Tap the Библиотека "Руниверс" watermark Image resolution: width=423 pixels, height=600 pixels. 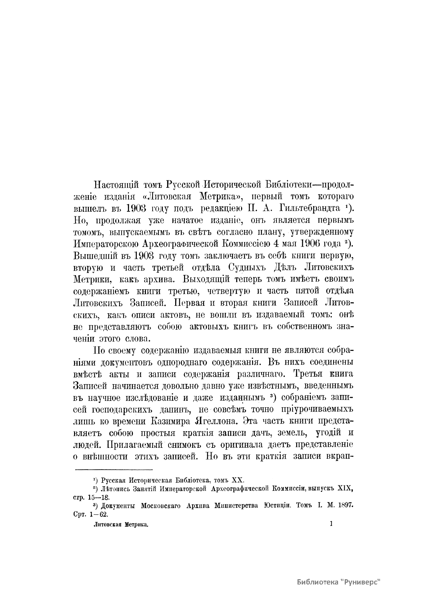point(339,581)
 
